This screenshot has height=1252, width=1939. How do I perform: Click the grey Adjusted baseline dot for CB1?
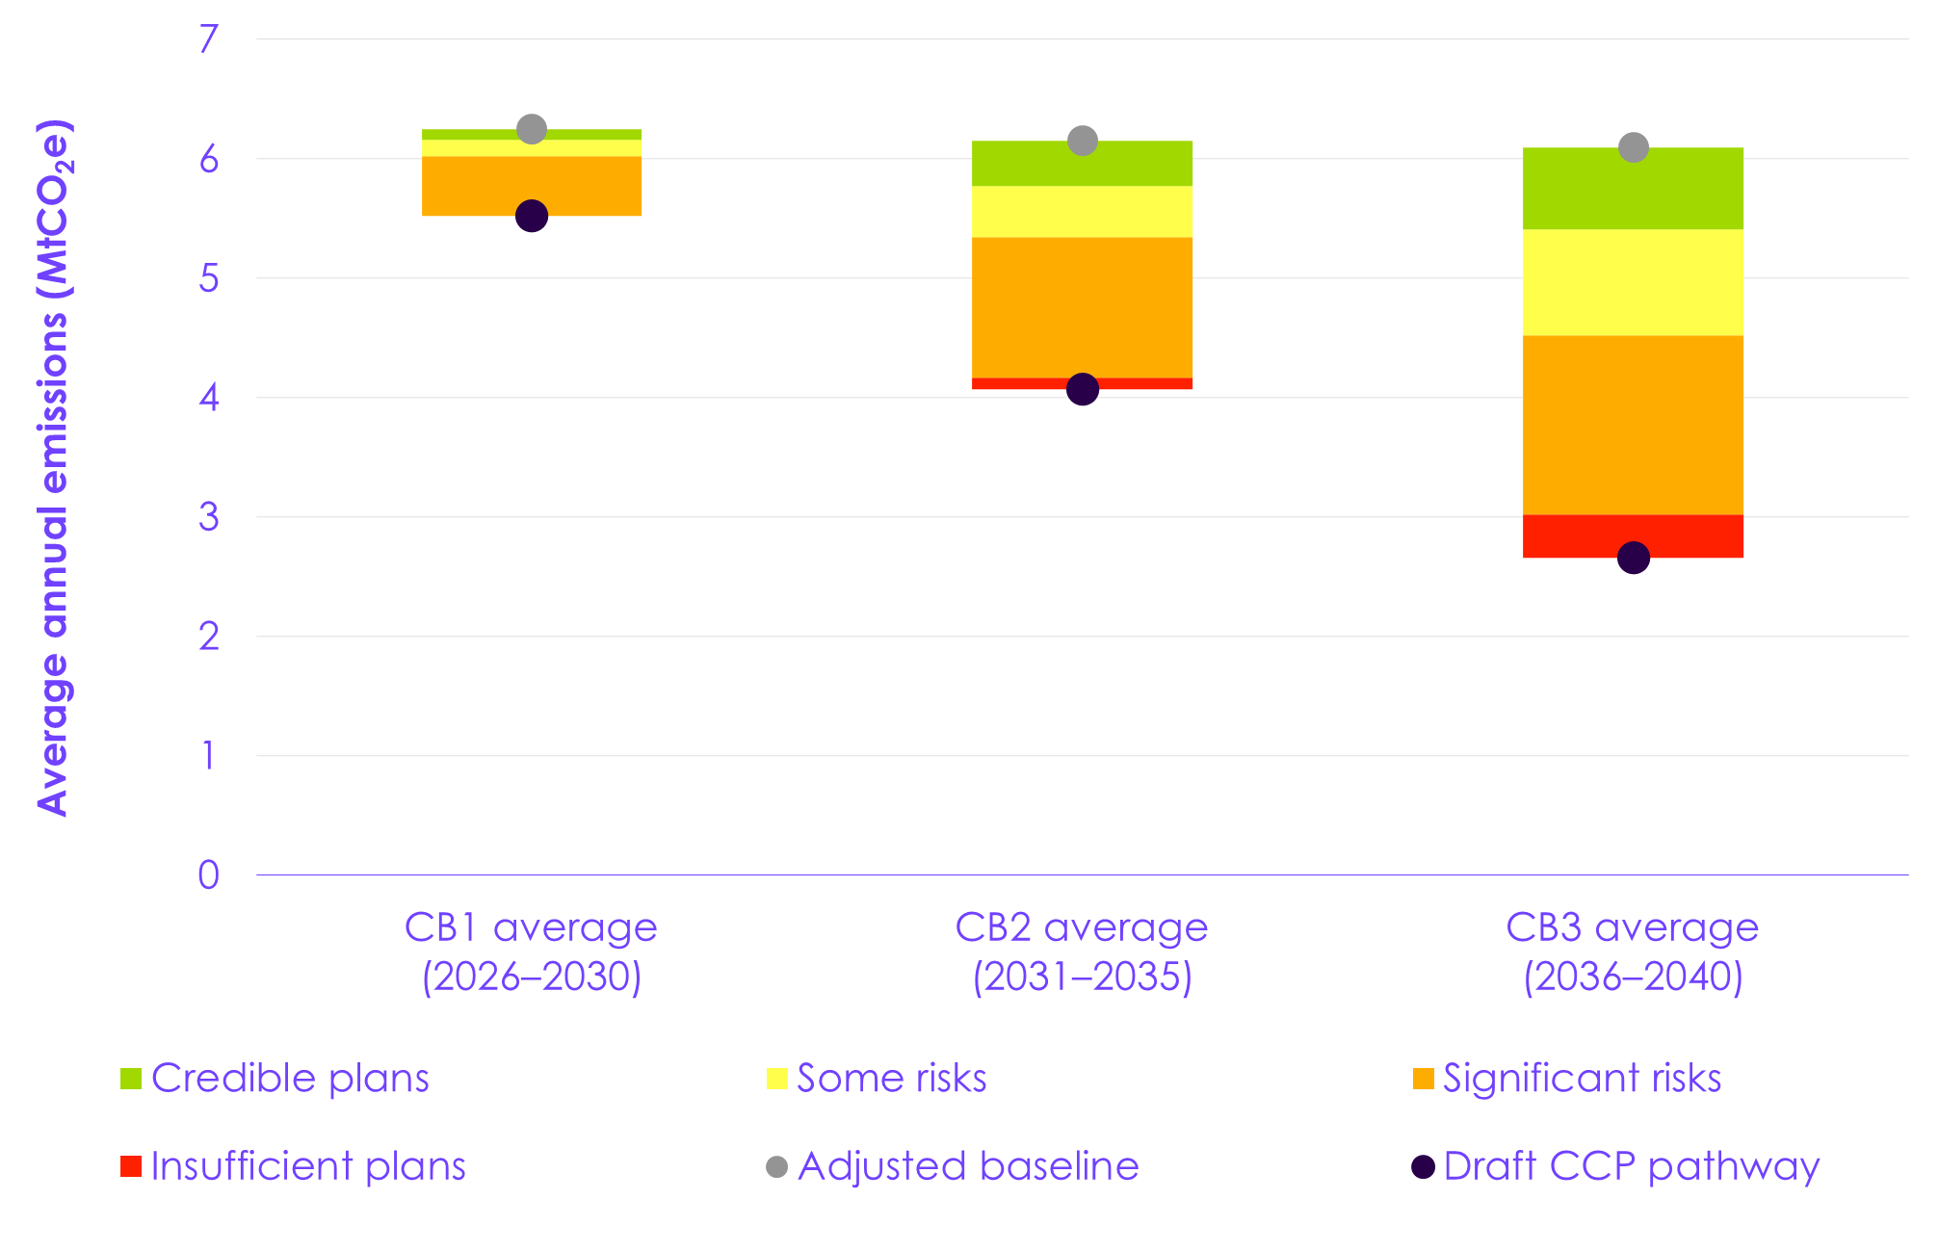[532, 129]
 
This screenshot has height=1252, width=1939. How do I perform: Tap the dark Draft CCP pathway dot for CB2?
[1083, 389]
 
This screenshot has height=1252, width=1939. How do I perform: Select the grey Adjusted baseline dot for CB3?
[1634, 147]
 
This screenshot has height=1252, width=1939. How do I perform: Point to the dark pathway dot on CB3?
[1634, 558]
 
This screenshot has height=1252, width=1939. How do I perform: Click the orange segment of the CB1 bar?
[532, 185]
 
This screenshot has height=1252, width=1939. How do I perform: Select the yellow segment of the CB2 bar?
[1083, 212]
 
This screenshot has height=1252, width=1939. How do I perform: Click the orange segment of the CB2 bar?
[1083, 307]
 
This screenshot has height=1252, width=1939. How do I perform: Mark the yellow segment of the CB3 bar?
[1634, 282]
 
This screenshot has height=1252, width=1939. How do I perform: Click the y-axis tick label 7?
[209, 39]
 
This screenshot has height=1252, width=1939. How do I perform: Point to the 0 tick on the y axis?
[209, 875]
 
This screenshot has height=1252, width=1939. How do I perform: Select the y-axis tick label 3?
[209, 517]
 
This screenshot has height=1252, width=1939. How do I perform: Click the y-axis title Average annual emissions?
[54, 468]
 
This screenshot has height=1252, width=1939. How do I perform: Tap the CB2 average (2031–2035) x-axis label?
[1083, 952]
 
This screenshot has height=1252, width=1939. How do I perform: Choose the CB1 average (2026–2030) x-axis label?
[532, 952]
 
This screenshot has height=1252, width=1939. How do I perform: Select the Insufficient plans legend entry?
[295, 1166]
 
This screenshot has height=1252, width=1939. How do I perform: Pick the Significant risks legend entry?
[1568, 1079]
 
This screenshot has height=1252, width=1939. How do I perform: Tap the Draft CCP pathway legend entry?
[1616, 1166]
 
